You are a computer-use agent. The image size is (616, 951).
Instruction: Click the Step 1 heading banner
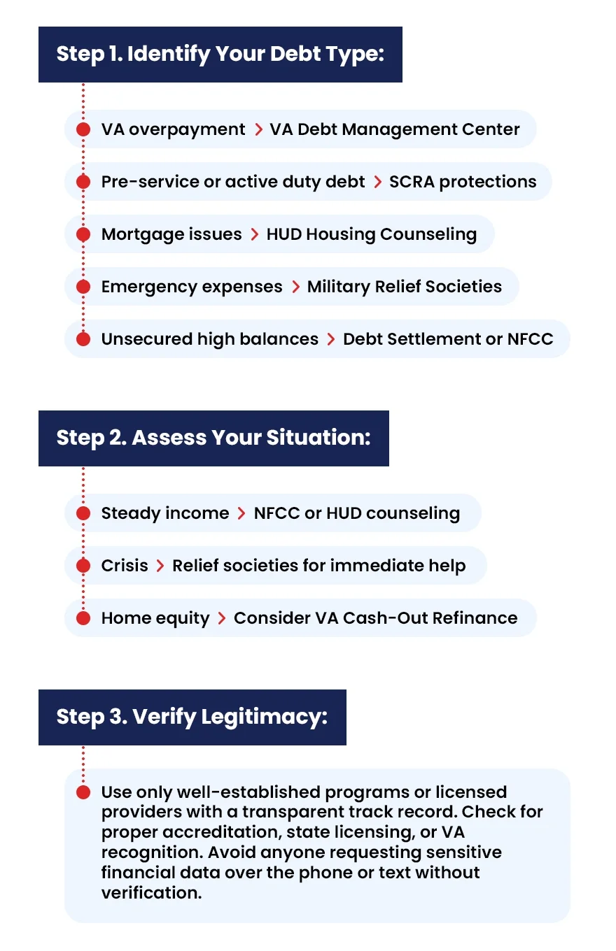[220, 55]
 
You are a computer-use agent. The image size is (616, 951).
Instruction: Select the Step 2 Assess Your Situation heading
[213, 438]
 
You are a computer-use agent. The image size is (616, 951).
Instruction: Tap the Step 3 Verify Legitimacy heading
[192, 717]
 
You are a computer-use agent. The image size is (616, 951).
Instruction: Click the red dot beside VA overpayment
[83, 129]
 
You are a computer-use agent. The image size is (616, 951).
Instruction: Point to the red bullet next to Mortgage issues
[83, 234]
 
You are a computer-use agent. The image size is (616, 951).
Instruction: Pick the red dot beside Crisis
[83, 566]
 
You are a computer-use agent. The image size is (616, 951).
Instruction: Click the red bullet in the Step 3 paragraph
[83, 792]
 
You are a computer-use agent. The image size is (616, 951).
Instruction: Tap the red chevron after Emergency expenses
[295, 287]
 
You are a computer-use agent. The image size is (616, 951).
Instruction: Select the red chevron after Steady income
[241, 513]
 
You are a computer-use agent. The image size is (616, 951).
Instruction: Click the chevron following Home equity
[221, 618]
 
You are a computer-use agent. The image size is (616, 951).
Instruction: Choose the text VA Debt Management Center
[395, 129]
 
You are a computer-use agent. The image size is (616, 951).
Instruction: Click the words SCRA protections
[463, 182]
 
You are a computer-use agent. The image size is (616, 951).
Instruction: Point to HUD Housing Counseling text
[371, 234]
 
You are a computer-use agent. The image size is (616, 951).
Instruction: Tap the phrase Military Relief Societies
[404, 287]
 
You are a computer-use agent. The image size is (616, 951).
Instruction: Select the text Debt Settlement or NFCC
[448, 339]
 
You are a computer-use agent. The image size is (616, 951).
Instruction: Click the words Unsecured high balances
[209, 339]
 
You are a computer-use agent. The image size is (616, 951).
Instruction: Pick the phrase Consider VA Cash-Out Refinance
[375, 618]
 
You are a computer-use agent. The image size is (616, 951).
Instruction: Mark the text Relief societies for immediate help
[318, 566]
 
